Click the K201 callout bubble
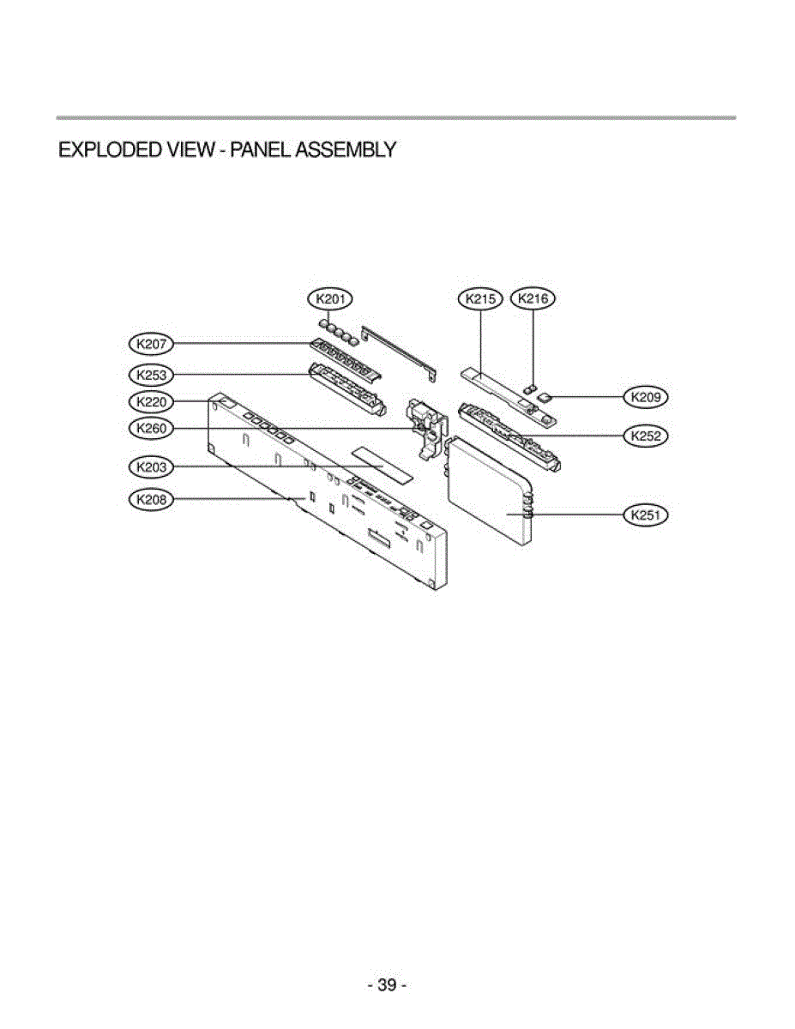329,299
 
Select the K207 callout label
151,344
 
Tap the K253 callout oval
151,374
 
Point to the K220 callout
151,401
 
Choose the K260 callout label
151,428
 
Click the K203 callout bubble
151,467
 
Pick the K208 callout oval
151,499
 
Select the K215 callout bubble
480,299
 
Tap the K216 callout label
533,299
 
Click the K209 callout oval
646,397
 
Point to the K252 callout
646,436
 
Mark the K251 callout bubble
646,515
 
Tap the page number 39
387,985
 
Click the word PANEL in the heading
256,150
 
